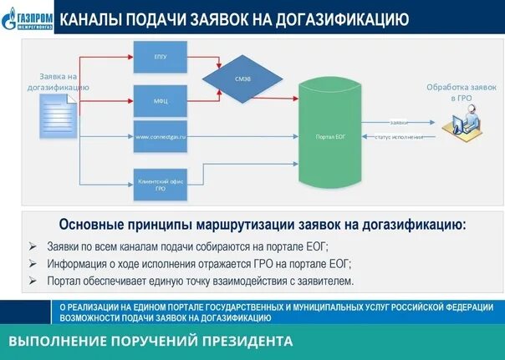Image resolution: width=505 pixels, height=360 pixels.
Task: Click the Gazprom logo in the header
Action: (x=28, y=18)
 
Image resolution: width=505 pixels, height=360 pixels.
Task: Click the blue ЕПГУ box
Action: (x=161, y=57)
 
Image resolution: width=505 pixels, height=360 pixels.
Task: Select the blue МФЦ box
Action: (x=161, y=100)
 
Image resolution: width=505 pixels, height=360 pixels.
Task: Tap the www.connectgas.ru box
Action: (x=161, y=135)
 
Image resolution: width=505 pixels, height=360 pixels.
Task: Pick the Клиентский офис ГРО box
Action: (x=161, y=184)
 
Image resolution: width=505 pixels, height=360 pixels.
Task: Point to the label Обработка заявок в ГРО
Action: (x=462, y=92)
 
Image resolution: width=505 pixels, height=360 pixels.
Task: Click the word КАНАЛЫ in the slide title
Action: (x=94, y=18)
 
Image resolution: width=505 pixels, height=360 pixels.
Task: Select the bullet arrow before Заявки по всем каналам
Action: (x=32, y=246)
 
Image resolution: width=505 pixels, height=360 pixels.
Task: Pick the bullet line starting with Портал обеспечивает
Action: (x=200, y=281)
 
